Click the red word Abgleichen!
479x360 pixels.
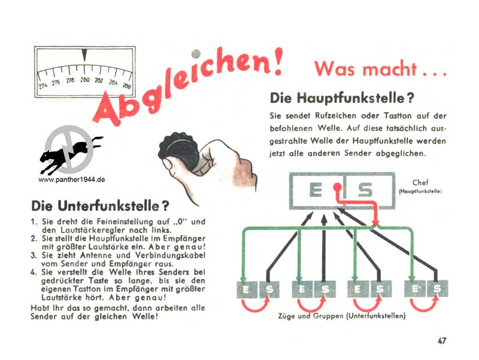(186, 85)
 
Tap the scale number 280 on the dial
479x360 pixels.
(84, 80)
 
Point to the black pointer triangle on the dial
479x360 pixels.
(84, 55)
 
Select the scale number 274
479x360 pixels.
(43, 86)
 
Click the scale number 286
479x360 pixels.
(126, 86)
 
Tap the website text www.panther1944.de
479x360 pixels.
(71, 180)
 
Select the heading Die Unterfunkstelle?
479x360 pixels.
(100, 206)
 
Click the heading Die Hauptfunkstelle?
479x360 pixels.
(342, 98)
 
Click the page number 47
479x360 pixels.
(442, 341)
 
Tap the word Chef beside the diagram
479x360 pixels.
(420, 183)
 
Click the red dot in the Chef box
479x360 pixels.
(337, 186)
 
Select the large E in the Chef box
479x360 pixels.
(316, 190)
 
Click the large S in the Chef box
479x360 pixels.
(365, 190)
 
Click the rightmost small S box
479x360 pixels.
(438, 289)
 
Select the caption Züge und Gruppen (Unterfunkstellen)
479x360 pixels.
(342, 316)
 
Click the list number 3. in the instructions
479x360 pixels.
(34, 255)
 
